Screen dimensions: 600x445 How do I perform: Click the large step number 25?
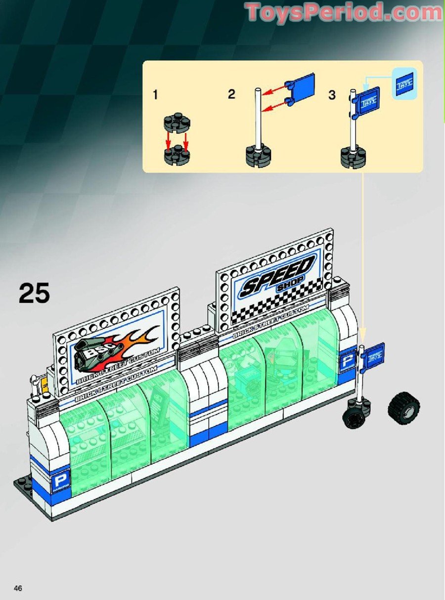[35, 293]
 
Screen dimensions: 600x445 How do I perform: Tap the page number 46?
[18, 588]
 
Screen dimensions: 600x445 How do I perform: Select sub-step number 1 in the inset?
[156, 95]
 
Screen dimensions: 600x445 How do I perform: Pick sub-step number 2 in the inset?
[231, 94]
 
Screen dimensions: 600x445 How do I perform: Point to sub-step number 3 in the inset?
[332, 94]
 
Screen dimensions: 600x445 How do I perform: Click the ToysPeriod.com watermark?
[344, 12]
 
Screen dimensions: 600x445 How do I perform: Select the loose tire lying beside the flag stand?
[403, 407]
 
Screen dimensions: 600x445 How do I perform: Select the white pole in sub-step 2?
[258, 119]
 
